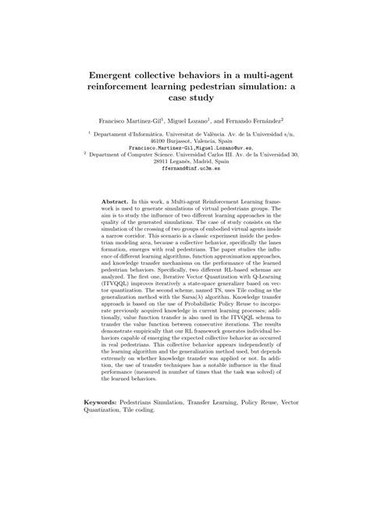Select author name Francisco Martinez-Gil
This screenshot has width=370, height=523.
point(126,122)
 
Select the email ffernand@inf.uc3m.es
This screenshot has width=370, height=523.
point(185,168)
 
